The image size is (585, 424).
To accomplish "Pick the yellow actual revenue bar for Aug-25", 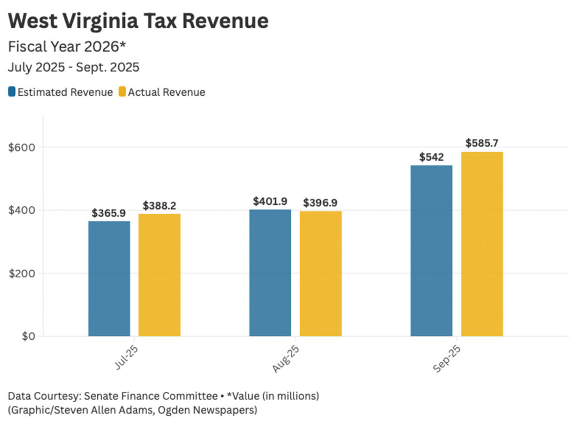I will coord(321,273).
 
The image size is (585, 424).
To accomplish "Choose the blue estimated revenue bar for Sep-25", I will coord(431,251).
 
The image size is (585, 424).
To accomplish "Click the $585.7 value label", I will coord(482,143).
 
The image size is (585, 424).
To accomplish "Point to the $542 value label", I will coord(431,157).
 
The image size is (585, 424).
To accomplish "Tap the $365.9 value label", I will coord(108,213).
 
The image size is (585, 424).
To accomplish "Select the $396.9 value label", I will coord(320,203).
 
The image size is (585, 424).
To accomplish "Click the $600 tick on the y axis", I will coord(19,147).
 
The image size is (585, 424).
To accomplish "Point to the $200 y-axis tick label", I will coord(19,273).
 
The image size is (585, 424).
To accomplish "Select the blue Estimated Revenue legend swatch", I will coord(12,92).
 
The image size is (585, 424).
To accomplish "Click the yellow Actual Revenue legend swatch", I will coord(122,92).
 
